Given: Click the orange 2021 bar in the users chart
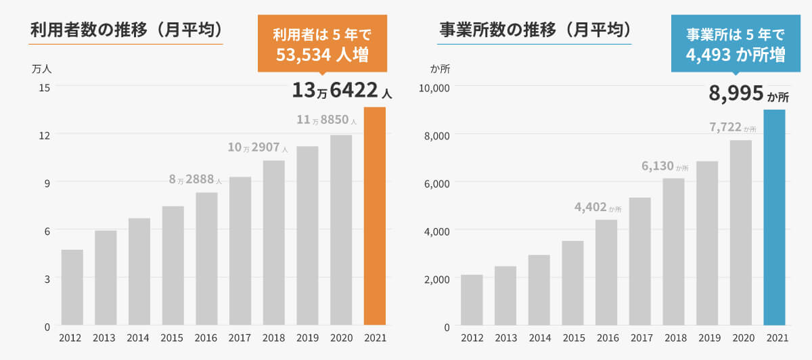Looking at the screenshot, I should (x=375, y=216).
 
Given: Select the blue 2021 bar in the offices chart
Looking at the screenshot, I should (x=774, y=217).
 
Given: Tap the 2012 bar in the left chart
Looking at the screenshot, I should (x=72, y=288).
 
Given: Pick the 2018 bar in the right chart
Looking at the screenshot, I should (x=673, y=252).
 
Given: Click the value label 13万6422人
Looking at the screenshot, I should (x=342, y=90).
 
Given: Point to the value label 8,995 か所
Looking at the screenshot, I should (x=748, y=94).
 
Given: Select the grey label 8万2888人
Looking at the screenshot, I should (x=195, y=179).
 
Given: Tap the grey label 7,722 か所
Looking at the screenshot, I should (x=732, y=127).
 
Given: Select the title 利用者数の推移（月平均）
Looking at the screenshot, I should (x=127, y=30).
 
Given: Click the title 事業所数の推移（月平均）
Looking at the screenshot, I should (x=535, y=30).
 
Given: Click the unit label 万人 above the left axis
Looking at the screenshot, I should (x=42, y=68).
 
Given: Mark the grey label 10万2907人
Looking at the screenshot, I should (x=256, y=147).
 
